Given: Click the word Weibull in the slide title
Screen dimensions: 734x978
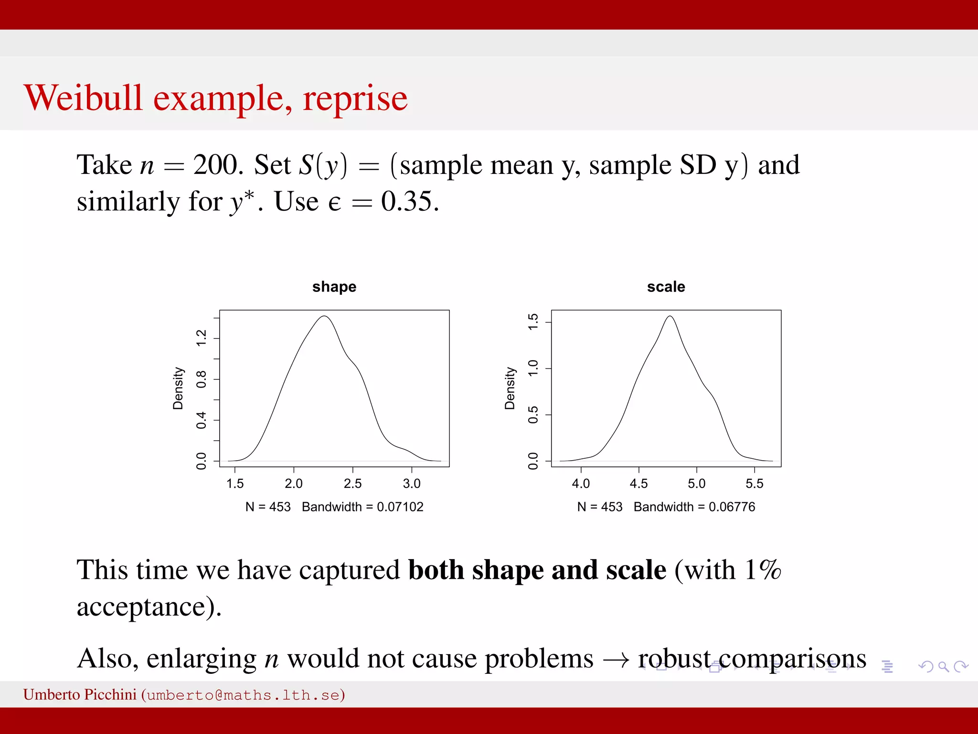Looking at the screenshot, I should (83, 98).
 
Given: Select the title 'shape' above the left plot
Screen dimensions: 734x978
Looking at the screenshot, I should (334, 287).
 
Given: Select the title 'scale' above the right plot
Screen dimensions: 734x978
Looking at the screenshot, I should (666, 287).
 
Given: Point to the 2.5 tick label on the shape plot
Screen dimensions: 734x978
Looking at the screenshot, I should (352, 484).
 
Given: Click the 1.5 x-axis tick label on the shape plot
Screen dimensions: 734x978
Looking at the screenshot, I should (235, 484).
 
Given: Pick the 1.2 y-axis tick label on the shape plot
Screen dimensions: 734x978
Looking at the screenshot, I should (202, 338).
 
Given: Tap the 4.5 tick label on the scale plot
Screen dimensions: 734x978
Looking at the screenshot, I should (638, 484).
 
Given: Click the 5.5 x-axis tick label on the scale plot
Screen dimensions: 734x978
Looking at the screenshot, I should (754, 484).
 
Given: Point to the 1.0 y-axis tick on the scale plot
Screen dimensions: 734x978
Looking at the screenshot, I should (533, 368).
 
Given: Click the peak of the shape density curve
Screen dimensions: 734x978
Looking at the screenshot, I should (324, 316).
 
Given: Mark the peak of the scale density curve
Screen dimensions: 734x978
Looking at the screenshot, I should (670, 316).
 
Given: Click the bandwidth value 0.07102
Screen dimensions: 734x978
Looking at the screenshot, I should (400, 507).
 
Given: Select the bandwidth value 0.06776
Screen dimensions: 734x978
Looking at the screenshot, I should (732, 507).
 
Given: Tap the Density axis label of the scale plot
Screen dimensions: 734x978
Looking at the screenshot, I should (510, 389).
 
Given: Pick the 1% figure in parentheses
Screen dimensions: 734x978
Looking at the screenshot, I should (763, 570).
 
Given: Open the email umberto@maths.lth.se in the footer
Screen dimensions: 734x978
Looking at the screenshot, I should (243, 695).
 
